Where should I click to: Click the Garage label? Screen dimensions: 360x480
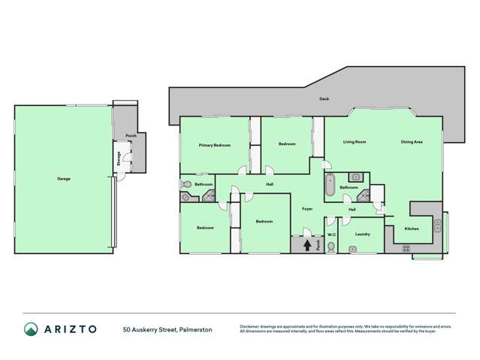point(64,179)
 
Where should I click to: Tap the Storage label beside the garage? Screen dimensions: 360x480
point(118,159)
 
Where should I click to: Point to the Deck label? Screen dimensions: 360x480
point(324,98)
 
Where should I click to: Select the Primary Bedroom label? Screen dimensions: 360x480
point(214,144)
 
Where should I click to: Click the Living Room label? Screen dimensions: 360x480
point(355,141)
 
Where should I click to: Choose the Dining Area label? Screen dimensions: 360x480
point(411,141)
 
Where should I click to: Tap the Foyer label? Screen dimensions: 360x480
point(307,208)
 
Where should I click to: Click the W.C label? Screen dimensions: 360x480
point(331,233)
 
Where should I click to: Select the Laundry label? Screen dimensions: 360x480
point(362,234)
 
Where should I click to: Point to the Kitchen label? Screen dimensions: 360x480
point(412,228)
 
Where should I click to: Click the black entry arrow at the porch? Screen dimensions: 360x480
point(306,244)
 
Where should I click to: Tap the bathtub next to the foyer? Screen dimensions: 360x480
point(330,185)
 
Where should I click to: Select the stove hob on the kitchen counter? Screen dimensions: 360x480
point(406,247)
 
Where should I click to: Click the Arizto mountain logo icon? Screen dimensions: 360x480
point(31,329)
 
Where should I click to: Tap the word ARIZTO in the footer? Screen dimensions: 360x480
point(70,329)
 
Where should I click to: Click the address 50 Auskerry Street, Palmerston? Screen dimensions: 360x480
point(168,329)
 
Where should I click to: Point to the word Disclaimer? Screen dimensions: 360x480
point(249,326)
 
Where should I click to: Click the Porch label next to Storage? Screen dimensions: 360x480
point(130,136)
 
